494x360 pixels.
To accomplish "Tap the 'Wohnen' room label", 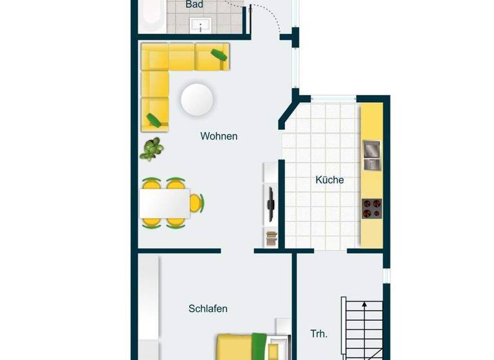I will pyautogui.click(x=219, y=136).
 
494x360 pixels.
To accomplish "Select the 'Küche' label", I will pyautogui.click(x=329, y=180).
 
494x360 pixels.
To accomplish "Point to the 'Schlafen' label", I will pyautogui.click(x=208, y=309).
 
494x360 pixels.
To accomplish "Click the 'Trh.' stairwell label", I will pyautogui.click(x=319, y=334).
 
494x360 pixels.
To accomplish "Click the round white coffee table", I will pyautogui.click(x=197, y=100).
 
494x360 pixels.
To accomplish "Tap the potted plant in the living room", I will pyautogui.click(x=152, y=149).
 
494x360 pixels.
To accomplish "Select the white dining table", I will pyautogui.click(x=164, y=203).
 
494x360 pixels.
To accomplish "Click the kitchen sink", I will pyautogui.click(x=372, y=155).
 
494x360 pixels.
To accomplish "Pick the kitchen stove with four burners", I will pyautogui.click(x=372, y=208).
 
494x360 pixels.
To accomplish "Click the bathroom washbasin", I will pyautogui.click(x=201, y=26).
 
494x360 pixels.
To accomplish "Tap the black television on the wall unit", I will pyautogui.click(x=271, y=204).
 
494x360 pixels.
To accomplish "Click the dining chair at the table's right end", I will pyautogui.click(x=197, y=203).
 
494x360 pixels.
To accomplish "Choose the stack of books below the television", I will pyautogui.click(x=271, y=238).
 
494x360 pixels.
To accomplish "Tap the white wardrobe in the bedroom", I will pyautogui.click(x=149, y=305).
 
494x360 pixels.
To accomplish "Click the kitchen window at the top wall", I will pyautogui.click(x=333, y=98).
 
